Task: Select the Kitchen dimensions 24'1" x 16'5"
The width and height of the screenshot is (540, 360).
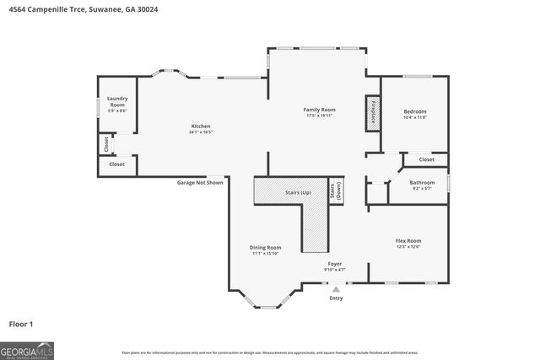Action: (x=201, y=132)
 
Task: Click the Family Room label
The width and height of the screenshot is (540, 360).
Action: (x=320, y=110)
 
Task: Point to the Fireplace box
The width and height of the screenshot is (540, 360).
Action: (x=373, y=113)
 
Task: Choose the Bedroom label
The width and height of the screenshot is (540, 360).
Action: (x=414, y=111)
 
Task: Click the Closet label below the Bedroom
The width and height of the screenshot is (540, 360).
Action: (x=426, y=159)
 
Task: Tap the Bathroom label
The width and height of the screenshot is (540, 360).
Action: (x=422, y=182)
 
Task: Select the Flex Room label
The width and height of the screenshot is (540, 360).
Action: (x=408, y=241)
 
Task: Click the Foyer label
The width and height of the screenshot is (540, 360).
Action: (x=335, y=265)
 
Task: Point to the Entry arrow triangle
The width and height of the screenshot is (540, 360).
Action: (x=335, y=289)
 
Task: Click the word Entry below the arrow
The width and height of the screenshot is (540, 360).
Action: (x=336, y=298)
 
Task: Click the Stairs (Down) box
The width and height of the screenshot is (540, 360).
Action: (x=335, y=190)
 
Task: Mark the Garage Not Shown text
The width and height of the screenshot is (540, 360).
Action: (x=200, y=182)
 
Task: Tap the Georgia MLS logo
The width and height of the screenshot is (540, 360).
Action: (x=27, y=348)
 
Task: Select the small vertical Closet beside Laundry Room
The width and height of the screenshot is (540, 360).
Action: (x=106, y=144)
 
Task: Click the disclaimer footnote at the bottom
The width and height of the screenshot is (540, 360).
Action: (x=269, y=352)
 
